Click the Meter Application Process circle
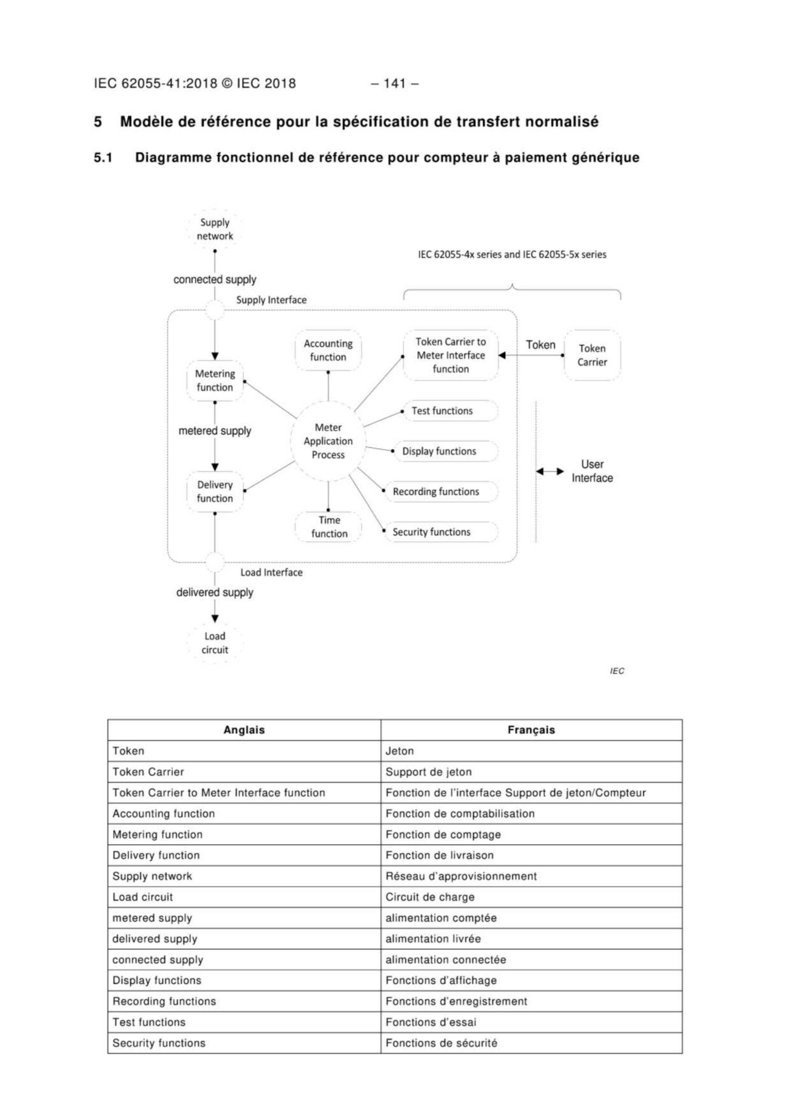click(328, 441)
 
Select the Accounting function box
click(328, 350)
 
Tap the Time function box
click(329, 527)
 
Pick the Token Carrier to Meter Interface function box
click(451, 356)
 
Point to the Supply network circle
click(215, 229)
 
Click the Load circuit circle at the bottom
click(215, 643)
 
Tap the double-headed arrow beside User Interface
click(550, 471)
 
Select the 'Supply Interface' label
click(271, 300)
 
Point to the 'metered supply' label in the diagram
click(215, 431)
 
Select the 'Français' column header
click(531, 730)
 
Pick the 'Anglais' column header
click(244, 730)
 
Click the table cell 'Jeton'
click(400, 751)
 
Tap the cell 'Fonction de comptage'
click(443, 835)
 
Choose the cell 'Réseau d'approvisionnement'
click(461, 876)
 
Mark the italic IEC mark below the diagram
click(616, 671)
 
